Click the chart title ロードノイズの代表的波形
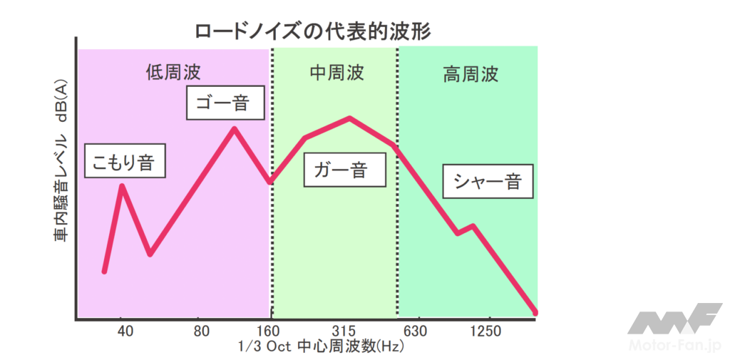[x=314, y=31]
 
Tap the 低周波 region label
[x=173, y=72]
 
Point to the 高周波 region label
[x=471, y=74]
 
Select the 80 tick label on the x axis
[x=202, y=331]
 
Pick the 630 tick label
[x=418, y=331]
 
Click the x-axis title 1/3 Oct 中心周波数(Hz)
[x=314, y=347]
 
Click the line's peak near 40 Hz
[x=123, y=187]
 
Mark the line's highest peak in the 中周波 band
[x=349, y=118]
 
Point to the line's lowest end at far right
[x=535, y=312]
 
